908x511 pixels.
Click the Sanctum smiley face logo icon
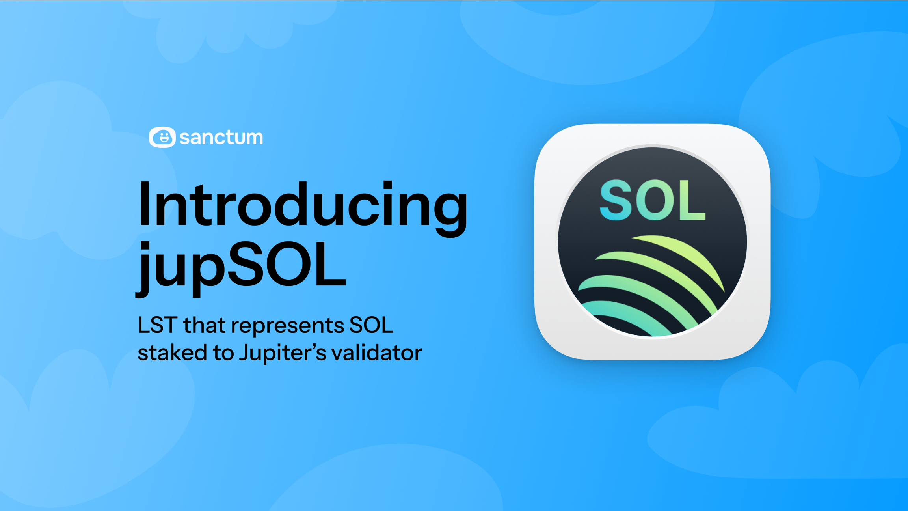pos(162,137)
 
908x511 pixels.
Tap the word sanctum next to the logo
pos(221,137)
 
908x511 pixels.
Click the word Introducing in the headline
pos(303,205)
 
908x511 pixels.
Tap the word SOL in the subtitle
pos(371,326)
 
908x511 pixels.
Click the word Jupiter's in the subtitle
pos(283,353)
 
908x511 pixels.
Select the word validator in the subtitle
pos(377,352)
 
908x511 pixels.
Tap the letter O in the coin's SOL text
pos(654,200)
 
